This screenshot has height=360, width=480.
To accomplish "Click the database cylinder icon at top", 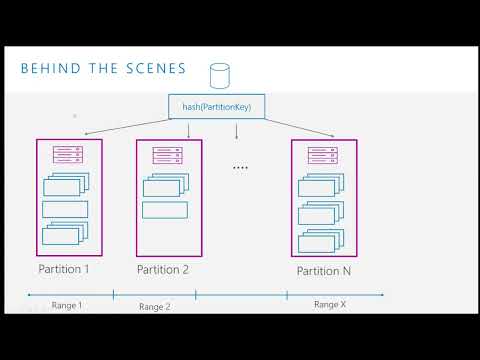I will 219,75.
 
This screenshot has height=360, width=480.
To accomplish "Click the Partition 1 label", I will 64,269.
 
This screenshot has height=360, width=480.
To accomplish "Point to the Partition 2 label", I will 162,269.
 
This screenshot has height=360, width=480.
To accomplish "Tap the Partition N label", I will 323,271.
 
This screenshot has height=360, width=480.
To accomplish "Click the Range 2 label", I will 155,306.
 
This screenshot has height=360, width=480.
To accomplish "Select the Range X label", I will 330,304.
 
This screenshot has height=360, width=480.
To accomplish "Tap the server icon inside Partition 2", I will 165,155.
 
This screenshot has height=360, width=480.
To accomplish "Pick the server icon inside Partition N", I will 323,156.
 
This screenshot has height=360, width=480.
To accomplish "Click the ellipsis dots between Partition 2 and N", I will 240,168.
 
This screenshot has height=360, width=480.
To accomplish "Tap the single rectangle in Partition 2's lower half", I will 165,210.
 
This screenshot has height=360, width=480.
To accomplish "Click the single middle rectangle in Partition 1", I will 65,209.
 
